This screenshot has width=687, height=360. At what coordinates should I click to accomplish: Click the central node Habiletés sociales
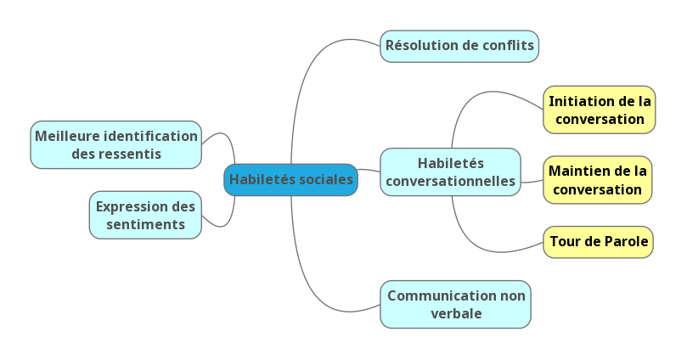pyautogui.click(x=290, y=180)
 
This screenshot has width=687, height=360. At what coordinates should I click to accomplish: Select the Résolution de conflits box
pyautogui.click(x=459, y=46)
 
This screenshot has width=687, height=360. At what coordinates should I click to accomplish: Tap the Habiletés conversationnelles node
pyautogui.click(x=450, y=172)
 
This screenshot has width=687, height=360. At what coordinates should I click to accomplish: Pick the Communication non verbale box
pyautogui.click(x=456, y=304)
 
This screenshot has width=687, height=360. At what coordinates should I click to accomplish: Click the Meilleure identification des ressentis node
pyautogui.click(x=116, y=144)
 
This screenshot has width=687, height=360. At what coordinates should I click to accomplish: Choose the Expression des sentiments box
pyautogui.click(x=145, y=215)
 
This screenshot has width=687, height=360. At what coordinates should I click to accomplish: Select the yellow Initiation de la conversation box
pyautogui.click(x=600, y=110)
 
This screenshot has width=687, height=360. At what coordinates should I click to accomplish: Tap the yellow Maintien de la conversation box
pyautogui.click(x=598, y=180)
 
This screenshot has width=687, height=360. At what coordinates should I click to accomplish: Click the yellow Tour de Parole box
pyautogui.click(x=599, y=242)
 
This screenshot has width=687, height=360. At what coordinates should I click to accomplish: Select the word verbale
pyautogui.click(x=456, y=313)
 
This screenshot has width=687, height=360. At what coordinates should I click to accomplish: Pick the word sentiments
pyautogui.click(x=145, y=225)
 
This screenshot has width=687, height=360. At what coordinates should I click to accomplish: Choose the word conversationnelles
pyautogui.click(x=450, y=181)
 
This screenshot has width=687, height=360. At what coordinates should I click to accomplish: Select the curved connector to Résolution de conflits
pyautogui.click(x=306, y=76)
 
